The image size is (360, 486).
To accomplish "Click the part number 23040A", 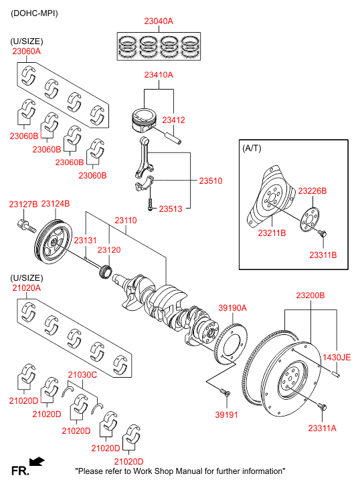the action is pos(159,21).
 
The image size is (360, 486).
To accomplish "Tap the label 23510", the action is pos(210,180).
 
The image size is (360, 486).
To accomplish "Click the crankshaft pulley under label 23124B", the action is pos(53,242).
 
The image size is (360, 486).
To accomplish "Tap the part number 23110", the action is pos(126,221).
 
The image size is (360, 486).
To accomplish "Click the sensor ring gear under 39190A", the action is pos(231,344).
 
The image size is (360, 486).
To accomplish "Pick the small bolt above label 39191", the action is pos(226,392).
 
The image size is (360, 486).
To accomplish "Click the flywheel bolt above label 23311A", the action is pos(321,406).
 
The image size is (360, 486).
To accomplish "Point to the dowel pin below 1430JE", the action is pos(336,374).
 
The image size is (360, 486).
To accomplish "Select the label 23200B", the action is pos(310,295).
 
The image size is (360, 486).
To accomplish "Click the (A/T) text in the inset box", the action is pos(252,148).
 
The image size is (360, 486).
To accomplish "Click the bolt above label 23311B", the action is pos(322,233).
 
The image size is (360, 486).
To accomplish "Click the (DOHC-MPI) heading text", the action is pos(34,13).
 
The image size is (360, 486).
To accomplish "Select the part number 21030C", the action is pos(82,375).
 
